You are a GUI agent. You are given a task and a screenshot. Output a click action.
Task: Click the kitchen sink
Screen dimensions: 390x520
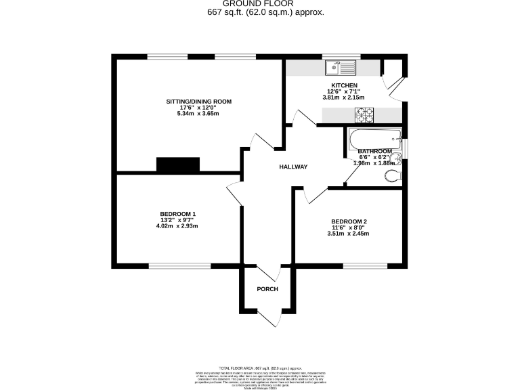coord(341,68)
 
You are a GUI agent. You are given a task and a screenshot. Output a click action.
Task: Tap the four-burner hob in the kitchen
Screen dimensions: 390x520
coord(366,115)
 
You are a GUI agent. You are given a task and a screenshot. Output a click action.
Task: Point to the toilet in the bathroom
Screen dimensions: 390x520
coord(391,176)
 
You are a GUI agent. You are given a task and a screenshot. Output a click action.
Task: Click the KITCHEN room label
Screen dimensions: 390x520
coord(344,85)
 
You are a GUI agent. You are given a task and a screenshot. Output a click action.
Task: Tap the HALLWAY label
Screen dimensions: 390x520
coord(293,167)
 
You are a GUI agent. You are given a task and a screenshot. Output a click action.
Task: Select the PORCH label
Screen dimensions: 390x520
coord(267,289)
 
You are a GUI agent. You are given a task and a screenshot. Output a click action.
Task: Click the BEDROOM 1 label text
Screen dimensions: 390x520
coord(178,214)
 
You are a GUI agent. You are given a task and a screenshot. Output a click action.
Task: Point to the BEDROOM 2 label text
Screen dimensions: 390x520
coord(349,221)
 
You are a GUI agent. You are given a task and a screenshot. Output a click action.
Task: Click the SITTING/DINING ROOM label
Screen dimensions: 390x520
coord(199,102)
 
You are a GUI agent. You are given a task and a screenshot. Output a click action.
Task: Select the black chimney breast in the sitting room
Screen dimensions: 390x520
coord(178,165)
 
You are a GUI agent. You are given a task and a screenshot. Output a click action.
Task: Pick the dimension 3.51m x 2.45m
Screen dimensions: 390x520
coord(348,234)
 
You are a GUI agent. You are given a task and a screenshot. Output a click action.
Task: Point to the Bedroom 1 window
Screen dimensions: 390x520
coord(179,265)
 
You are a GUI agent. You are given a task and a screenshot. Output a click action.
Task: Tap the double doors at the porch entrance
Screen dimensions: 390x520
coord(268,316)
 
